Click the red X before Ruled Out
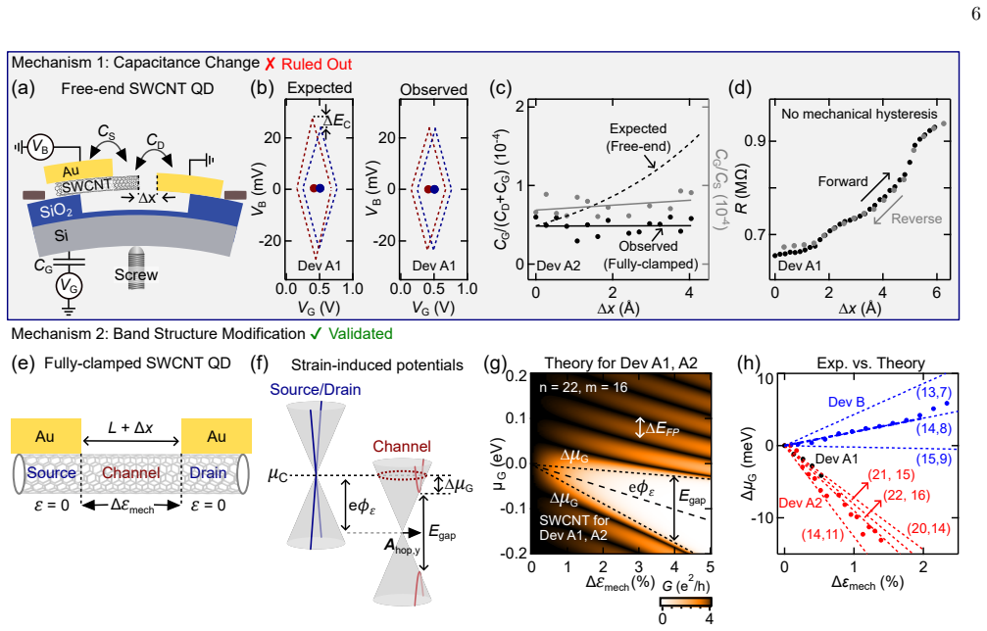point(271,64)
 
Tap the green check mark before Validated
point(317,333)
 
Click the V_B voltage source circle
point(41,147)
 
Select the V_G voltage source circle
point(69,287)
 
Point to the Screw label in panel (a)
point(136,275)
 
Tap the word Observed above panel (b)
point(433,89)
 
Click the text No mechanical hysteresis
point(860,114)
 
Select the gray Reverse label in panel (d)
point(916,218)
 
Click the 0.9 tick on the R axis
point(755,141)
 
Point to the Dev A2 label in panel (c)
point(559,266)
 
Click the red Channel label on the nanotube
point(131,472)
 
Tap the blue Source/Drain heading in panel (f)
point(316,389)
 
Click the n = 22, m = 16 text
point(583,388)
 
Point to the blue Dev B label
point(847,402)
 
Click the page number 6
point(975,14)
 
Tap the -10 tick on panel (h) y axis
point(763,517)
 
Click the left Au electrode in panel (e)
point(46,436)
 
